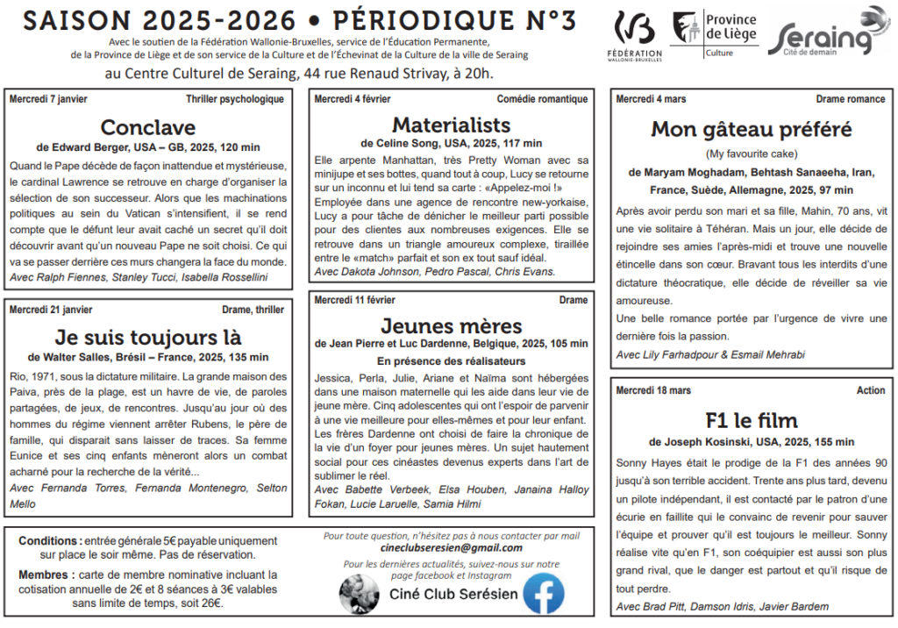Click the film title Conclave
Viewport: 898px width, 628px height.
(147, 127)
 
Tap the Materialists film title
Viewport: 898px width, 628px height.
(451, 124)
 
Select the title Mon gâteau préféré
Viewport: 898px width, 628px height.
(751, 130)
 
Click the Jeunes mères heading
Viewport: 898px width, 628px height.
(451, 326)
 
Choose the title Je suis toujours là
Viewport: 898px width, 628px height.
(147, 338)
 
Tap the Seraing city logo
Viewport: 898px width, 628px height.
(828, 33)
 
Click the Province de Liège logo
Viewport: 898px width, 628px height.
(714, 34)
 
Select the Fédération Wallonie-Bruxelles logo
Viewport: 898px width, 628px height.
(634, 34)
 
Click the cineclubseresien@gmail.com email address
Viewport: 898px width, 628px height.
(452, 548)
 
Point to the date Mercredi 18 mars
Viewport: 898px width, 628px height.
(653, 390)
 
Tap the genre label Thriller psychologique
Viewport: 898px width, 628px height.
(234, 99)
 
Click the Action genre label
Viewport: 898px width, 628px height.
(871, 390)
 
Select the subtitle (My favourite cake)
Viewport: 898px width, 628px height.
(752, 154)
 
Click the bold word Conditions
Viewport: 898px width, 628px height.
(50, 541)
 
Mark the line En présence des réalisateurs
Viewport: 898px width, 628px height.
(451, 361)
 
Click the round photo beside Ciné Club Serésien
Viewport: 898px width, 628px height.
(360, 595)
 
